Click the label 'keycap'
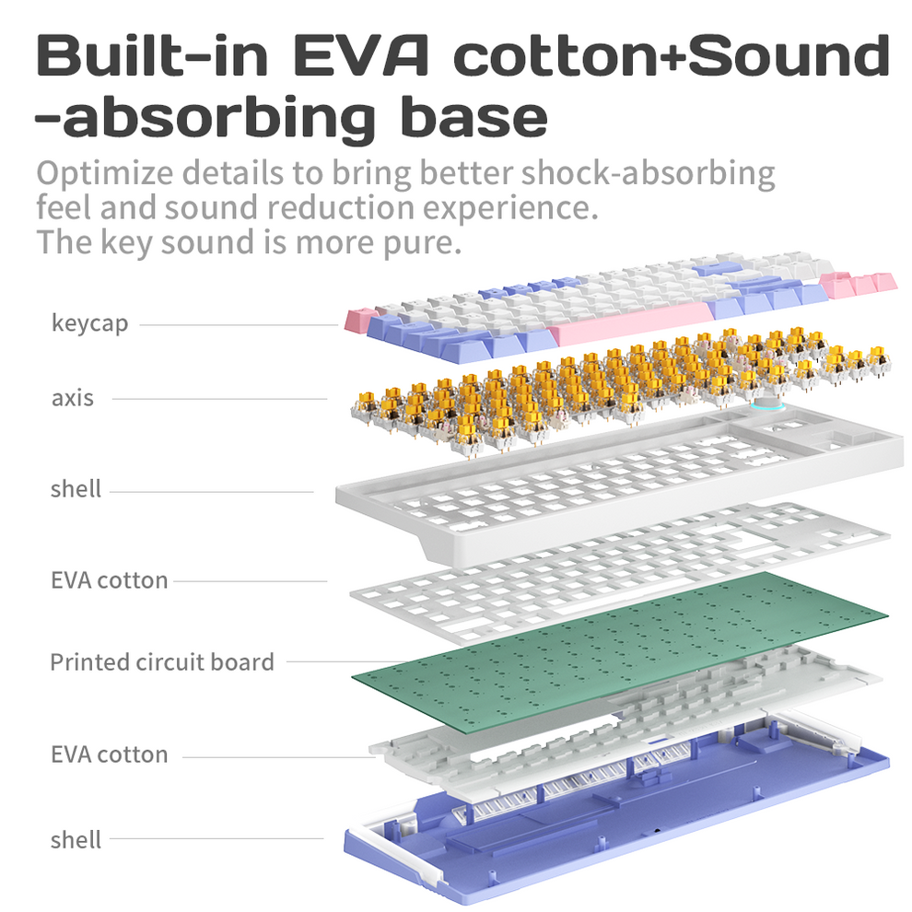coord(89,323)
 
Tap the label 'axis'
coord(73,398)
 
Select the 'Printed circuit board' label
coord(162,661)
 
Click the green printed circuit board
coord(617,645)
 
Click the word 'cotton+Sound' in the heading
coord(672,56)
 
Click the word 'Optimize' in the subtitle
coord(101,173)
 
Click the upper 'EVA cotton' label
coord(109,580)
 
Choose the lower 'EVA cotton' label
coord(109,754)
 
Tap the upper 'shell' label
coord(76,488)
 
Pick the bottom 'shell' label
coord(76,839)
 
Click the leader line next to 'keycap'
coord(240,324)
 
